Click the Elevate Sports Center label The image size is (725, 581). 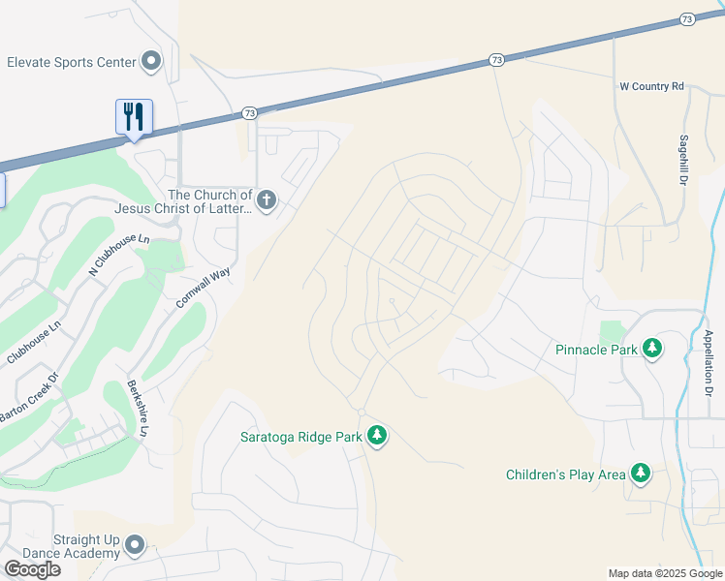71,62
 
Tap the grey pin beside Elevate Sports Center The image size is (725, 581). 151,62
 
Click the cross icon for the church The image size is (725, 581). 267,201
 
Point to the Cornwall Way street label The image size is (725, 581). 204,288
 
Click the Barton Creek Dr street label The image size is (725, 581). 28,398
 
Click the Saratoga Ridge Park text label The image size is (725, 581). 300,437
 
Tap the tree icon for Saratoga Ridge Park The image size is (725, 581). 377,437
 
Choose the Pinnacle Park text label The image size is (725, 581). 595,349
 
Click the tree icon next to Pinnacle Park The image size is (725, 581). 652,349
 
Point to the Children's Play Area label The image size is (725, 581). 566,474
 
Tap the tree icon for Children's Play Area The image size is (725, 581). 640,474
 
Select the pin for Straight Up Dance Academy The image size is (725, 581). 135,547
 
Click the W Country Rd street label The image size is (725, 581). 652,87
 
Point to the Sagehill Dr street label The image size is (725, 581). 682,160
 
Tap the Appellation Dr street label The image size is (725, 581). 709,363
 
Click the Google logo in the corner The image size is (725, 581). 31,569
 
